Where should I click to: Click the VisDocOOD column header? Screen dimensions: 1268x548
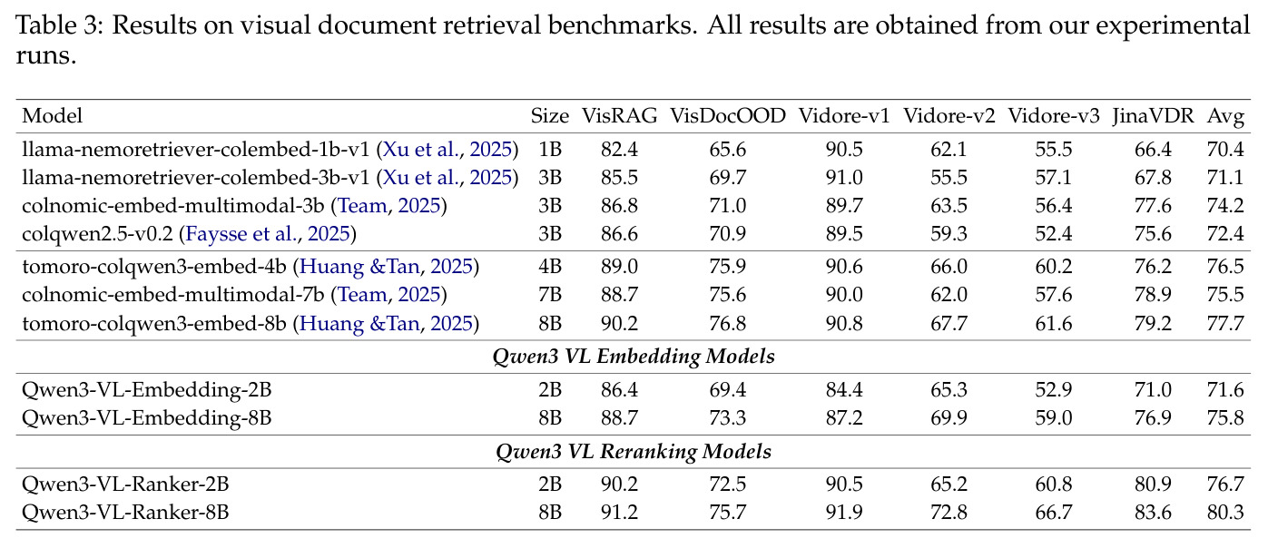pyautogui.click(x=728, y=116)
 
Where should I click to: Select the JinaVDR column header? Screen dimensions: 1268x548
pyautogui.click(x=1153, y=116)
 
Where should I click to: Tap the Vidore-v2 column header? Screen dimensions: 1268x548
pyautogui.click(x=949, y=116)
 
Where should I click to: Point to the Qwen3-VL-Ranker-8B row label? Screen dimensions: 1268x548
pyautogui.click(x=125, y=512)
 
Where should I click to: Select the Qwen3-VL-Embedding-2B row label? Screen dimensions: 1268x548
pyautogui.click(x=147, y=389)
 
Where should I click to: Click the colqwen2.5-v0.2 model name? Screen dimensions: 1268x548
pyautogui.click(x=97, y=234)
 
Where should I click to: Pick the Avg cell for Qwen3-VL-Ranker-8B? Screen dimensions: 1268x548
pyautogui.click(x=1225, y=512)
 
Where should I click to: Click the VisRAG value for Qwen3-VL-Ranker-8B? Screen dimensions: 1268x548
pyautogui.click(x=619, y=512)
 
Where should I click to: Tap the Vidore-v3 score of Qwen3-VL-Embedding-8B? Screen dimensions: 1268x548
pyautogui.click(x=1054, y=417)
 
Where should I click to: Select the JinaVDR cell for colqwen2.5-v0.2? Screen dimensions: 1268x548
pyautogui.click(x=1153, y=234)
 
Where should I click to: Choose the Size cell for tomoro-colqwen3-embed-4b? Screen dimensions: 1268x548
pyautogui.click(x=550, y=267)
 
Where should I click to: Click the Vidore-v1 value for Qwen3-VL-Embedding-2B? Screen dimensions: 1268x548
pyautogui.click(x=844, y=389)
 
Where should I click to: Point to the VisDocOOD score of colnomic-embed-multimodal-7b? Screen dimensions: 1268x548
pyautogui.click(x=728, y=295)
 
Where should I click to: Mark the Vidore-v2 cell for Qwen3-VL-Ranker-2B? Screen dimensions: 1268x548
pyautogui.click(x=949, y=484)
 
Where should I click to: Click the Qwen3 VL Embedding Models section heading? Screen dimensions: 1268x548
pyautogui.click(x=634, y=357)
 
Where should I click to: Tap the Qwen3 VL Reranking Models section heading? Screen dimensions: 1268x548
pyautogui.click(x=634, y=452)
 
